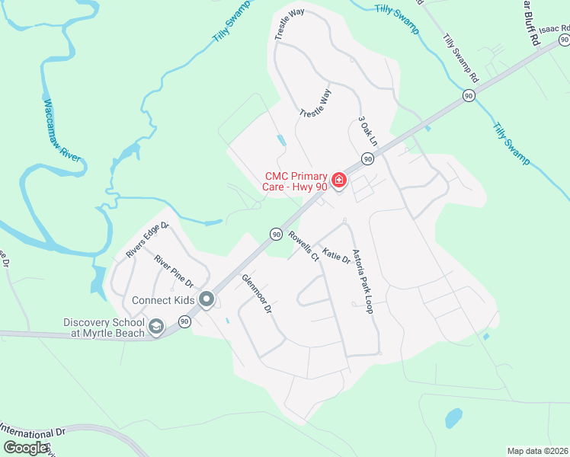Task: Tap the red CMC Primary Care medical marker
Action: click(x=338, y=180)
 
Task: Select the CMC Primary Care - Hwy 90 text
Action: click(x=297, y=180)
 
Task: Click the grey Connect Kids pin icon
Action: click(x=206, y=300)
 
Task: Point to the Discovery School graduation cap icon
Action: click(x=156, y=327)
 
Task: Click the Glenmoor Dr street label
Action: click(x=256, y=295)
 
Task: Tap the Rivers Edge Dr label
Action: click(x=147, y=241)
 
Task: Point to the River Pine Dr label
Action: click(x=172, y=270)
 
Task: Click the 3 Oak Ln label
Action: click(x=367, y=132)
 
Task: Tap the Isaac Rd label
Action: click(x=554, y=28)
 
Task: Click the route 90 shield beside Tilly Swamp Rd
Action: click(x=468, y=95)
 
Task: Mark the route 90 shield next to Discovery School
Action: click(x=184, y=323)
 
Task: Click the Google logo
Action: click(x=26, y=448)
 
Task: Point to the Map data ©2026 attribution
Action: click(x=538, y=451)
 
